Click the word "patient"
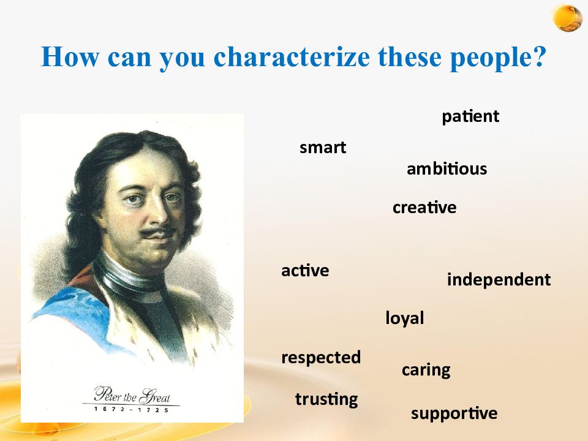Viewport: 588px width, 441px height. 470,116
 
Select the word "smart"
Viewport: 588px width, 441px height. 323,148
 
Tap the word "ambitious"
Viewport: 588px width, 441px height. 447,169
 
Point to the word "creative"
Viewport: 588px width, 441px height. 424,208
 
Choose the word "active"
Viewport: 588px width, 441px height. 305,270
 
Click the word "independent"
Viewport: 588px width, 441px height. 499,280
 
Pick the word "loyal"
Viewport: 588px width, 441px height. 405,318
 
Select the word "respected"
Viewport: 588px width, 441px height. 321,357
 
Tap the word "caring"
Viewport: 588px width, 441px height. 426,370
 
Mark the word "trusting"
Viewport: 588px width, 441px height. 326,399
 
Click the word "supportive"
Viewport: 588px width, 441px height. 454,413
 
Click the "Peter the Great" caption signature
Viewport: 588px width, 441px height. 132,394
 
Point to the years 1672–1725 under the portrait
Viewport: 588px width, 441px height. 132,410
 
